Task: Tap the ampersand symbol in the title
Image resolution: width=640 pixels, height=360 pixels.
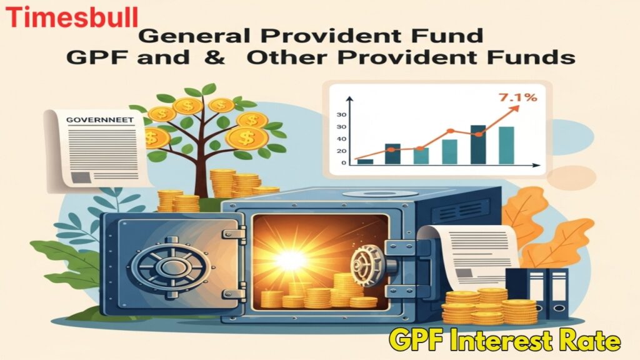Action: (220, 58)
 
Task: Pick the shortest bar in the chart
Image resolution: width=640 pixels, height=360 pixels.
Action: (365, 161)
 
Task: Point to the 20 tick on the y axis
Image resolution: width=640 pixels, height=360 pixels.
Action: (342, 151)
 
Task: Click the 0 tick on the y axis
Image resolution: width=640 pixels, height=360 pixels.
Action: (343, 163)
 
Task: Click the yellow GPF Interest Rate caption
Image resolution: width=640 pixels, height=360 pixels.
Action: (505, 341)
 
